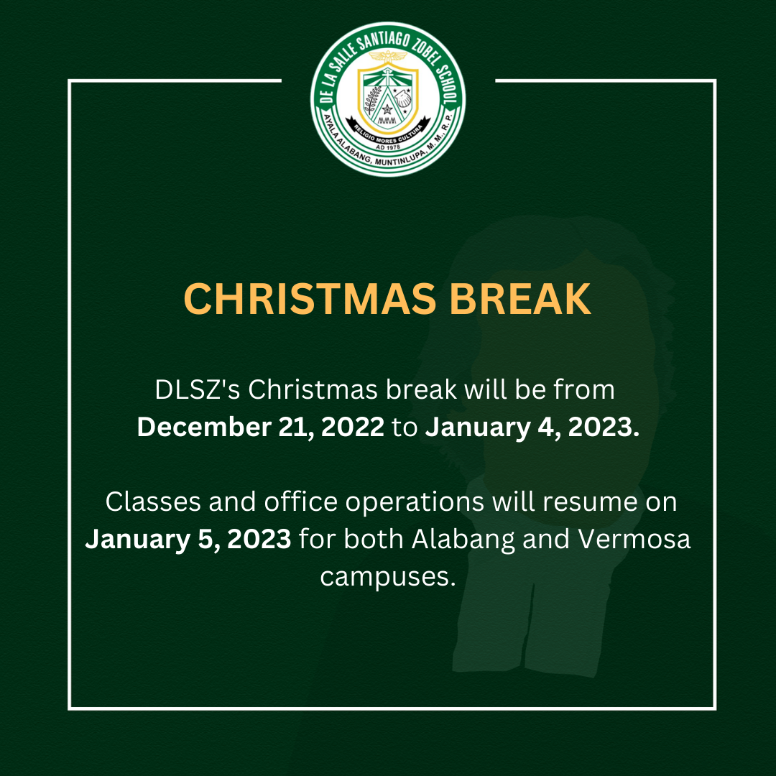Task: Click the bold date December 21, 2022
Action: pyautogui.click(x=260, y=428)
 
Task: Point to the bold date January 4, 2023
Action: pyautogui.click(x=532, y=428)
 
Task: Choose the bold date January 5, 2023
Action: pyautogui.click(x=188, y=539)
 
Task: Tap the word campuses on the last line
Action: pyautogui.click(x=388, y=577)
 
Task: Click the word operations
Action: pyautogui.click(x=415, y=502)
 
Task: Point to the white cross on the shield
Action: pyautogui.click(x=388, y=79)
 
